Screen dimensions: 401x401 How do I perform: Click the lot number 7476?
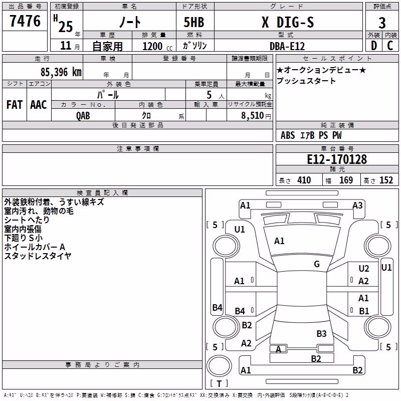25,21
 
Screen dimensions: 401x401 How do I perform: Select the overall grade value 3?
382,23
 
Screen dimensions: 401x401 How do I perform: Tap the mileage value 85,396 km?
61,72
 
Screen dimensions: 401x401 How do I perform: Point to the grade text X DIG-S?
288,22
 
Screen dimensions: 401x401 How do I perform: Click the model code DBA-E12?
287,46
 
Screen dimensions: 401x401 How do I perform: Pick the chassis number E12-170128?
337,159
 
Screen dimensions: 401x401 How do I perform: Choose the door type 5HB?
194,22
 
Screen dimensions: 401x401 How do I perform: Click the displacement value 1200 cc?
157,46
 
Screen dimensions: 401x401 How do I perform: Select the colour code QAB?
83,116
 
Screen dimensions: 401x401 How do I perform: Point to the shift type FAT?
15,105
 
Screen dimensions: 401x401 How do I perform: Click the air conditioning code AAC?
39,105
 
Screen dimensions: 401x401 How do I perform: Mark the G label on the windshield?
317,264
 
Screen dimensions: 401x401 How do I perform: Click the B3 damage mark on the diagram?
321,333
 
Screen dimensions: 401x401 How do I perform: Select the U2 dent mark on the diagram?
364,268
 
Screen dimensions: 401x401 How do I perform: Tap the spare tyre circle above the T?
219,366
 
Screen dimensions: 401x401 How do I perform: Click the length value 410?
304,180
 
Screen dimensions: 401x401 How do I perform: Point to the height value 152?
386,180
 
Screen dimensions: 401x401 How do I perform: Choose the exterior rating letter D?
374,46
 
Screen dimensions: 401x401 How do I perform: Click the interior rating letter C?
390,46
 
